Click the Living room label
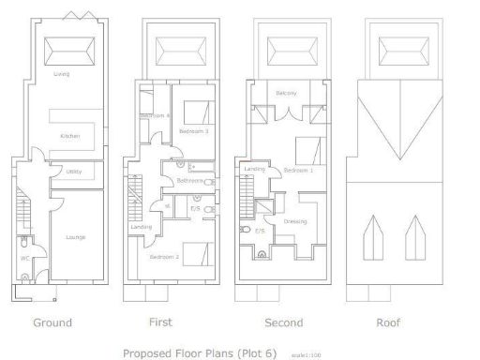tap(64, 73)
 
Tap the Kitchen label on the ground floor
tap(70, 136)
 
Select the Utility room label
tap(73, 172)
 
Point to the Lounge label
tap(75, 237)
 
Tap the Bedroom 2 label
tap(164, 256)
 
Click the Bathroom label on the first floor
tap(190, 181)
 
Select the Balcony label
tap(286, 93)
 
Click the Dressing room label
tap(296, 221)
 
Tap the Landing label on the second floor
tap(255, 169)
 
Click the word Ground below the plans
tap(52, 322)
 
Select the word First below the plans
tap(160, 322)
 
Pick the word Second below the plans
tap(283, 322)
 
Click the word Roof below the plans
tap(388, 322)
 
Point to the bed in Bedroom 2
tap(194, 253)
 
